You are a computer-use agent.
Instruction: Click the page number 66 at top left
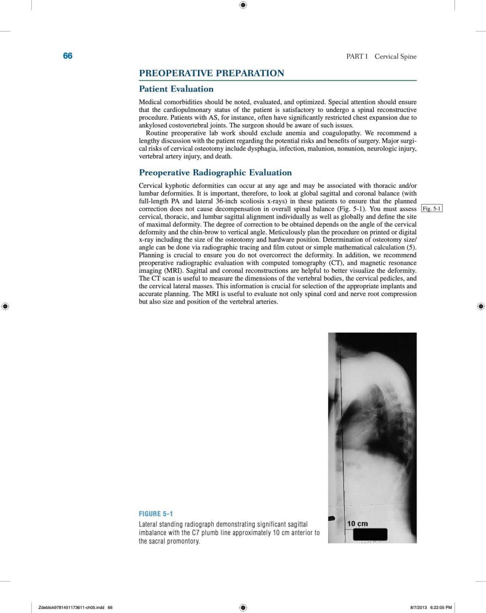68,56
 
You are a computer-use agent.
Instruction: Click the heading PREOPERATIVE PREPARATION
211,73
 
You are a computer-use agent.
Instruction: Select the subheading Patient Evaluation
176,89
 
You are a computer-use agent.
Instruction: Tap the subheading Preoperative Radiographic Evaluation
215,173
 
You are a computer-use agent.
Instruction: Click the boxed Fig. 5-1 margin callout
432,209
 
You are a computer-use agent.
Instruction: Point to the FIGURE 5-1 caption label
156,514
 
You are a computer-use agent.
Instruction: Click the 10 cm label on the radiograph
358,523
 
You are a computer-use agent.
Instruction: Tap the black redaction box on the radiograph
370,534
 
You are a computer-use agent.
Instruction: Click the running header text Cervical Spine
395,56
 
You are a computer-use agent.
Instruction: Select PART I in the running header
357,56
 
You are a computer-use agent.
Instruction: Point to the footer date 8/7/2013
418,607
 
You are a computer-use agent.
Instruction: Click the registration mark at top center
243,5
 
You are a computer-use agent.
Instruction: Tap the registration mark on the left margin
5,306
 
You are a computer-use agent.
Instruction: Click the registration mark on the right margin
481,306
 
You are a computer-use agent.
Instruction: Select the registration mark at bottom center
243,607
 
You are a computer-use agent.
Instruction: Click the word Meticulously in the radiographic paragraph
288,232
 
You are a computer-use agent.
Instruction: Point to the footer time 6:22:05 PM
441,607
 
